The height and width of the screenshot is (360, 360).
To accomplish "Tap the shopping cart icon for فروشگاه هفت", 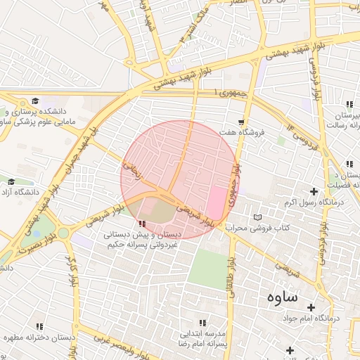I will click(x=241, y=122).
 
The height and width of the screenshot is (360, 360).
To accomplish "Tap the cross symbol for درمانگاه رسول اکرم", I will click(x=314, y=191).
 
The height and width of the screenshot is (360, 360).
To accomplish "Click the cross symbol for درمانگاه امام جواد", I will click(x=310, y=307).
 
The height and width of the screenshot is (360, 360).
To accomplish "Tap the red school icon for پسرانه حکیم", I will click(x=143, y=223).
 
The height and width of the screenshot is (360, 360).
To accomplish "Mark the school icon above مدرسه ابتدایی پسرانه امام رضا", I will click(x=202, y=323).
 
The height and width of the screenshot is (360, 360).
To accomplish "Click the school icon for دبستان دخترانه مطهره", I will click(x=39, y=327).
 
